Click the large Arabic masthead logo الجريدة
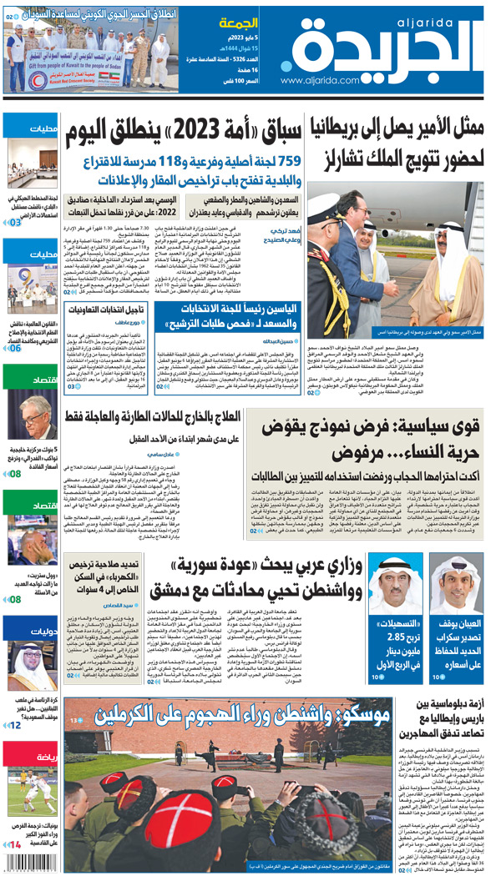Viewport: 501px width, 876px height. tap(381, 48)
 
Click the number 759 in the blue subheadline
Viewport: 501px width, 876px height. tap(283, 161)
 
